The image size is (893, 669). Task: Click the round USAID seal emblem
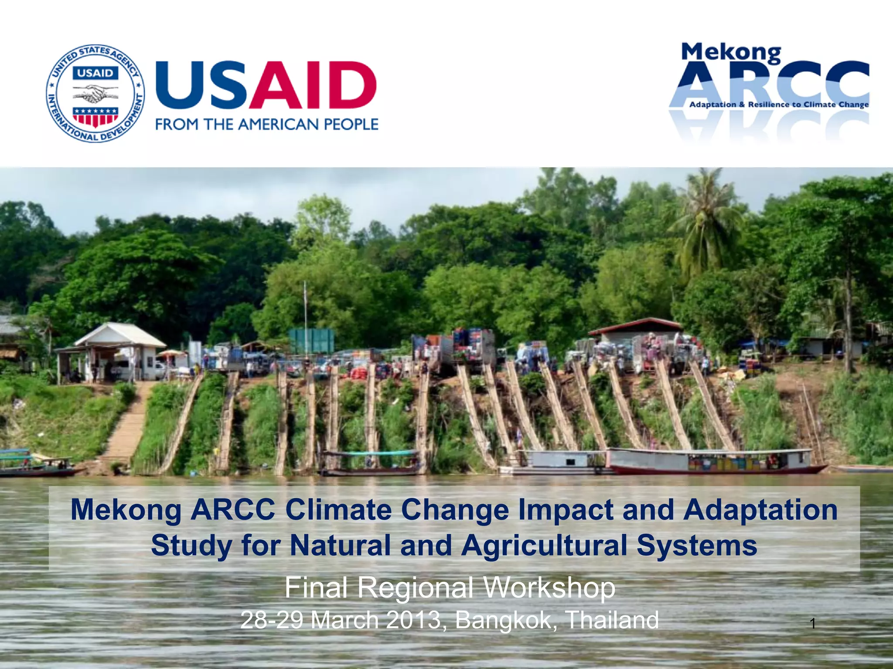95,93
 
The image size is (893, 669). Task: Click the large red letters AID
312,85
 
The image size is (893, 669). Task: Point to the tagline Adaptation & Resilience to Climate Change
779,105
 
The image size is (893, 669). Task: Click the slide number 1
812,624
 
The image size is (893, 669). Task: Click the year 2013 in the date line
413,620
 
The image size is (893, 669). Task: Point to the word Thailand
612,620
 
